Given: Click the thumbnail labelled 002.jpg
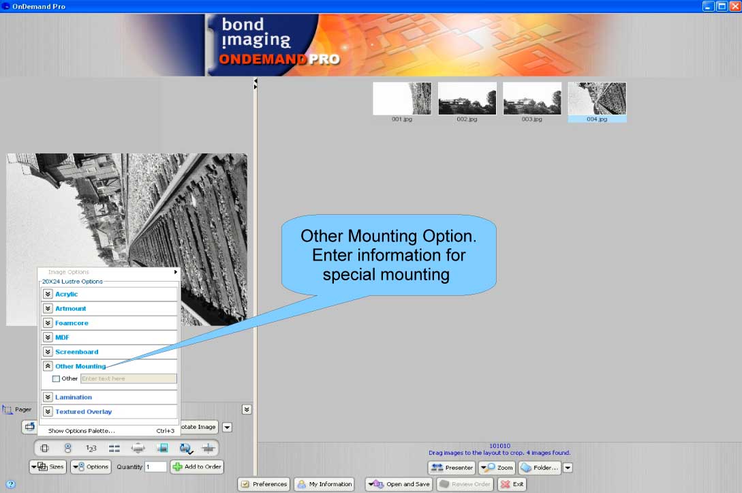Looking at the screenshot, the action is [467, 98].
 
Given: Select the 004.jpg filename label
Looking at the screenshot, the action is [597, 119].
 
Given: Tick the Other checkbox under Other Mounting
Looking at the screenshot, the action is [57, 378].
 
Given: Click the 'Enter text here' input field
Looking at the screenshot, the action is [128, 378].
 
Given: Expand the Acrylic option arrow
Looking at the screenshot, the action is [48, 294].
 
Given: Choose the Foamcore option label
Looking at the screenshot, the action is [72, 323].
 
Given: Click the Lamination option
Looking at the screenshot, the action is [74, 397].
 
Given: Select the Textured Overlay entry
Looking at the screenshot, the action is [84, 412].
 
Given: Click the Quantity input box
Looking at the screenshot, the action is [155, 467].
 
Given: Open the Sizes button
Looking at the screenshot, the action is [47, 467].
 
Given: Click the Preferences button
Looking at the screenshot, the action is [264, 484].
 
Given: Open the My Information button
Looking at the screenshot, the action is [324, 484].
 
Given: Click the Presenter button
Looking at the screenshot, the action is [452, 468].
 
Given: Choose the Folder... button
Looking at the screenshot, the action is [539, 468].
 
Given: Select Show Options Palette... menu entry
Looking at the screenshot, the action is [81, 431].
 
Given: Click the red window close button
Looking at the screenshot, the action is [735, 5].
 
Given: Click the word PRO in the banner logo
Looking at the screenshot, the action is [324, 59].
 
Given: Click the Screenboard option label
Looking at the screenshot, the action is [76, 352].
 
